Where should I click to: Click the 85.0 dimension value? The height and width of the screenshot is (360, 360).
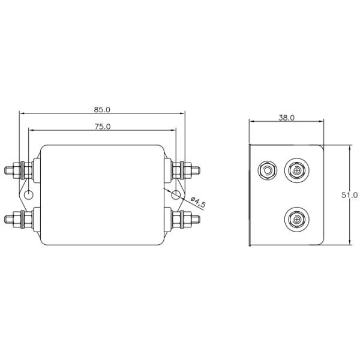click(102, 110)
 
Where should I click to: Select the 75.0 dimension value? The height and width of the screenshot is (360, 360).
click(102, 127)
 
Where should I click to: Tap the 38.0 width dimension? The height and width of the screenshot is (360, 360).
click(286, 118)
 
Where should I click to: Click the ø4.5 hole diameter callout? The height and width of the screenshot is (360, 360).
click(197, 201)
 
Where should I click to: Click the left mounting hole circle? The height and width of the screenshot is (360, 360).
click(28, 194)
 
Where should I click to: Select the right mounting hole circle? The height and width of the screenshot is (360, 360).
click(175, 194)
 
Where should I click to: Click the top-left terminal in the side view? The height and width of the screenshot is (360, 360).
click(266, 171)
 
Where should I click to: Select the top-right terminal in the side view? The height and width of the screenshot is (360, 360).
click(296, 171)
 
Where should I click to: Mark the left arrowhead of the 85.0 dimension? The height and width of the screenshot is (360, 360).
click(21, 113)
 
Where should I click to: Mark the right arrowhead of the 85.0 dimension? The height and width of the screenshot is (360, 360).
click(183, 113)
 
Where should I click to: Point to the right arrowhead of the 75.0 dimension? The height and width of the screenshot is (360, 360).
click(174, 130)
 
